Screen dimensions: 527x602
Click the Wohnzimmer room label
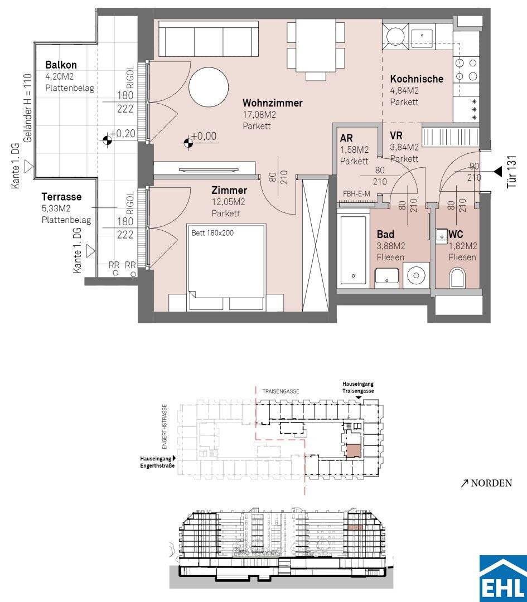pos(272,103)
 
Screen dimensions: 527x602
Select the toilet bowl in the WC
pos(457,277)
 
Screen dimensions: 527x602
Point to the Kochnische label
pos(417,79)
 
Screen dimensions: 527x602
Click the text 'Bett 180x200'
pos(212,232)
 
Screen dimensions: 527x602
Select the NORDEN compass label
pos(491,483)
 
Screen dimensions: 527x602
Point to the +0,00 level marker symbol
pos(188,143)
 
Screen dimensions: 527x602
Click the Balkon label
pos(61,65)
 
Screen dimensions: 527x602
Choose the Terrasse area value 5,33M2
pos(56,208)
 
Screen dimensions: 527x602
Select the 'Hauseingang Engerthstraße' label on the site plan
pos(157,462)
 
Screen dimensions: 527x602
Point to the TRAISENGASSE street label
pos(281,391)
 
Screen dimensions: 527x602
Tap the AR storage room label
pos(346,138)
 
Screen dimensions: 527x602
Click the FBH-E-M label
pos(356,194)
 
